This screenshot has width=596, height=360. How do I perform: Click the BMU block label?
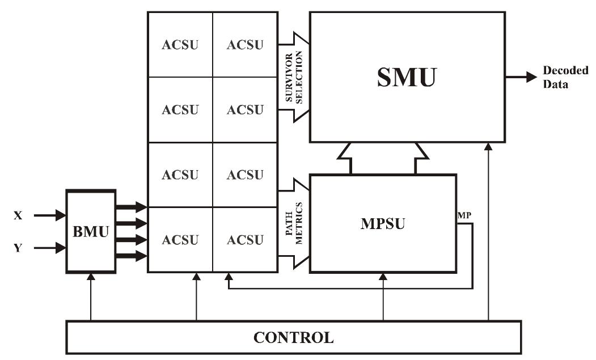click(91, 231)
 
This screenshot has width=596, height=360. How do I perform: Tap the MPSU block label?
click(383, 224)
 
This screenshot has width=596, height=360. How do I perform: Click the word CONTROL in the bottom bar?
click(293, 338)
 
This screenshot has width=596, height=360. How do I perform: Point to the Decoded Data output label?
click(557, 77)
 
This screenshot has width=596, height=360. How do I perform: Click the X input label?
click(18, 215)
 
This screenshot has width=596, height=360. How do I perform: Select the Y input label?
click(18, 248)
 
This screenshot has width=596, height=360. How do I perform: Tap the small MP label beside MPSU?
click(463, 216)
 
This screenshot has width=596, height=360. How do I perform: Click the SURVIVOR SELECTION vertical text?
click(293, 77)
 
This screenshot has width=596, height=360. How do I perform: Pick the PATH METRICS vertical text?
click(293, 224)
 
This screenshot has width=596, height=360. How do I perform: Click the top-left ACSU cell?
click(180, 44)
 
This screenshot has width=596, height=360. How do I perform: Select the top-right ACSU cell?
click(246, 44)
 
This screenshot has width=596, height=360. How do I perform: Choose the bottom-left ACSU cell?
click(180, 240)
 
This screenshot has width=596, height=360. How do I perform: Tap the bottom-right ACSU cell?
click(246, 240)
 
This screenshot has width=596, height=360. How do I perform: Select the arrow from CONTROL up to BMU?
click(91, 298)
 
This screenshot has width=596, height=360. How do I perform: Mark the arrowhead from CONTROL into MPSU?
click(384, 278)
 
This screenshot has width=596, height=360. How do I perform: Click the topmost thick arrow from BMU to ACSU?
click(131, 208)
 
